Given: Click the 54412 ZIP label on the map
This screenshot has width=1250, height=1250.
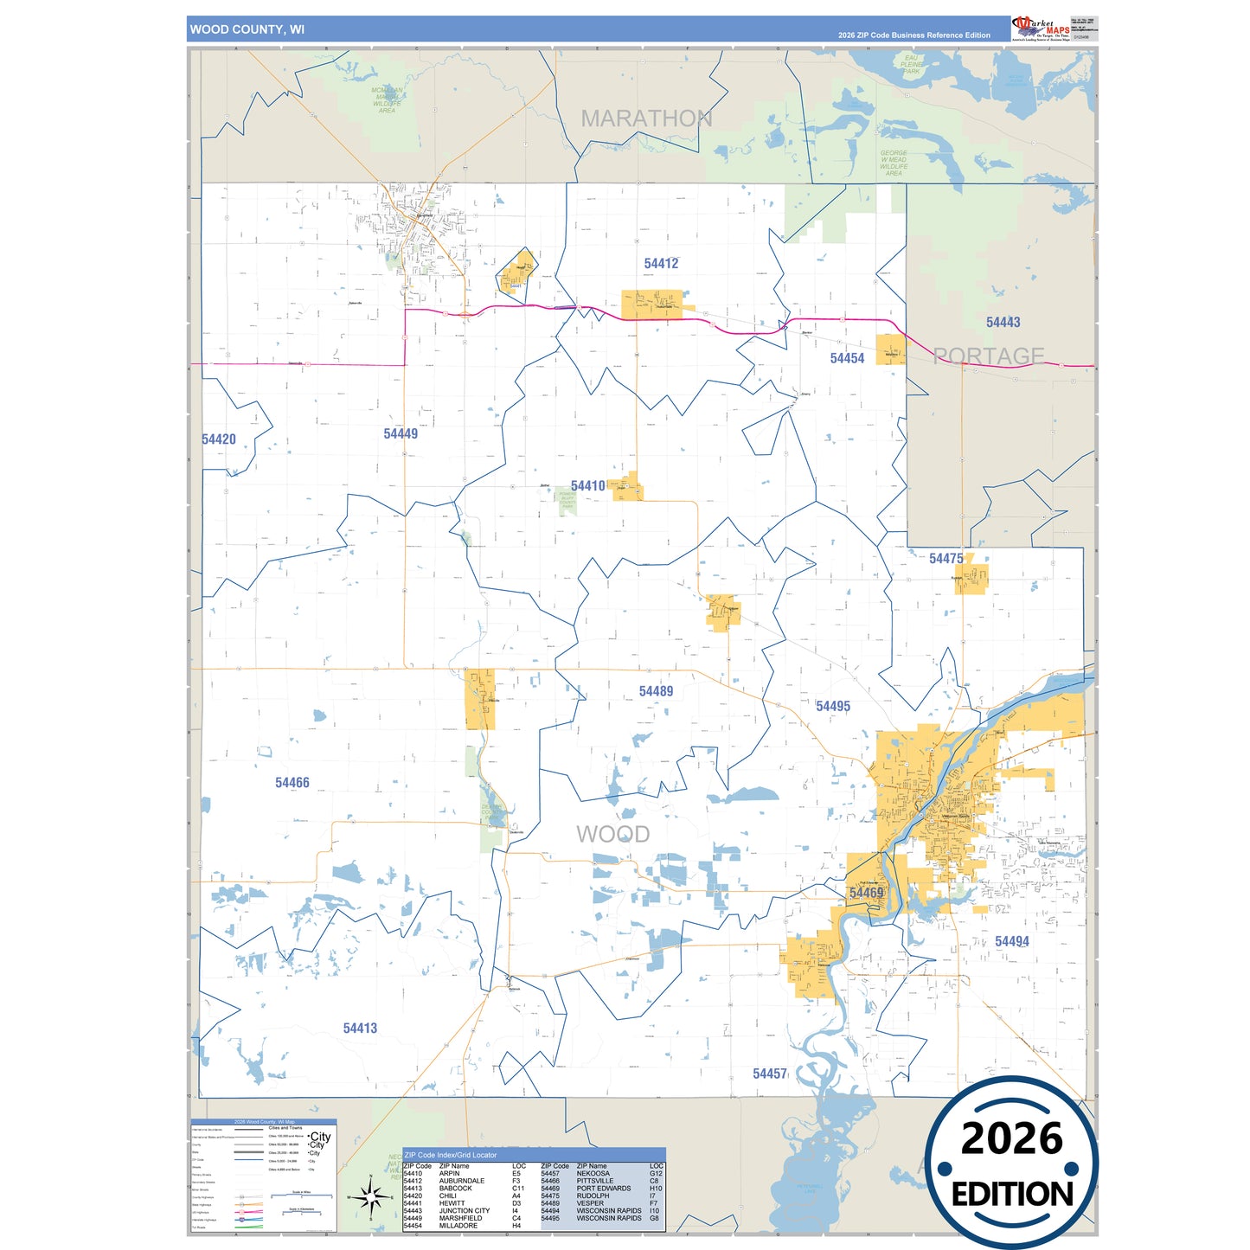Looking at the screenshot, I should tap(661, 264).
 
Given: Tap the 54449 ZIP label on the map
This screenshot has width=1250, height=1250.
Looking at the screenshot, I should tap(401, 434).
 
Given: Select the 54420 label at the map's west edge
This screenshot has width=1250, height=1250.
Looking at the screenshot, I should tap(219, 439).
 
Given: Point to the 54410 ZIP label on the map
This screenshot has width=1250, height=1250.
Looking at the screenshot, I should tap(588, 486).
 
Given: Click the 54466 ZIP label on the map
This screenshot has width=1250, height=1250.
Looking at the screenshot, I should tap(292, 783).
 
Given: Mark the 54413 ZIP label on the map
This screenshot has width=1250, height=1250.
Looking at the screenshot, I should tap(360, 1029).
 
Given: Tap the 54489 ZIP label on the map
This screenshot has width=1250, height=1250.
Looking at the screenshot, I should tap(656, 691).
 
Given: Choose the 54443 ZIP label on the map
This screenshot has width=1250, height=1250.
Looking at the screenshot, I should tap(1003, 323).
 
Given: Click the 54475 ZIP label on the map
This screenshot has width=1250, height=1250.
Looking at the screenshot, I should tap(946, 559).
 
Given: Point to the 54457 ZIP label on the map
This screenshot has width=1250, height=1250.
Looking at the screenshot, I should tap(770, 1074).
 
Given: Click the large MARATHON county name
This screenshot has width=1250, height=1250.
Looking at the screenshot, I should tap(646, 119).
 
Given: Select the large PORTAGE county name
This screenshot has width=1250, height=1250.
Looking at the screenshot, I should tap(989, 356).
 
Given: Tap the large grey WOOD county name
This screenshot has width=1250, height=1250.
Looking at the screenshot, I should tap(612, 834).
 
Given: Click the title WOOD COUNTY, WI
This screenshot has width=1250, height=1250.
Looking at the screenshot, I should tap(247, 29).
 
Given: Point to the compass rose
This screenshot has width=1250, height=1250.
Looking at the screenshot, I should tap(370, 1198).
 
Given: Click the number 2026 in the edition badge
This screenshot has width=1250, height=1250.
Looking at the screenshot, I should tap(1011, 1138).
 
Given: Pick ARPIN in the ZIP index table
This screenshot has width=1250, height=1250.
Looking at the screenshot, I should tap(450, 1174).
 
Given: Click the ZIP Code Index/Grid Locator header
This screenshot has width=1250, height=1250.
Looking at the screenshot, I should tap(451, 1155).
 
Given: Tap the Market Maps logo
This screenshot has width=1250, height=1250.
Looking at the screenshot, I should tap(1041, 28).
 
